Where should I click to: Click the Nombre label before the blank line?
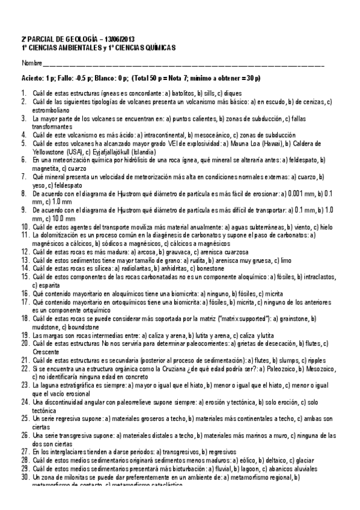click(32, 63)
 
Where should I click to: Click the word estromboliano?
click(50, 111)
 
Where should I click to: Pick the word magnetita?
click(46, 169)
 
